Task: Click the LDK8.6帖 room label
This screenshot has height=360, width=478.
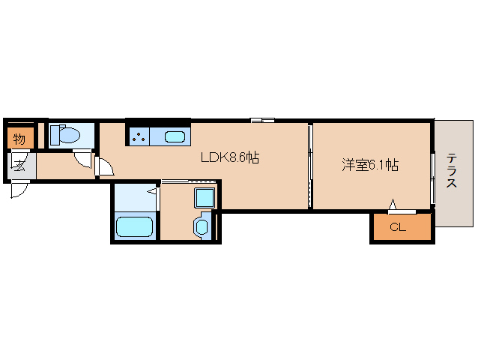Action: tap(230, 157)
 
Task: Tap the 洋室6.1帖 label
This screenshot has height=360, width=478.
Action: tap(370, 165)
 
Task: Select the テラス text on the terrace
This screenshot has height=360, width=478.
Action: tap(452, 171)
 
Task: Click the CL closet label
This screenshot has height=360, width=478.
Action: tap(398, 227)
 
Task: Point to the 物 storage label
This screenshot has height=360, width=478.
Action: tap(19, 139)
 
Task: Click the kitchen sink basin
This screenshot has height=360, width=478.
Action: tap(175, 137)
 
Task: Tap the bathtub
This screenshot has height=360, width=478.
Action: tap(134, 226)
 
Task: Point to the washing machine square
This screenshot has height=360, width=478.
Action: tap(205, 198)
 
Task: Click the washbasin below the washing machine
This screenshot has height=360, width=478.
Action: tap(202, 227)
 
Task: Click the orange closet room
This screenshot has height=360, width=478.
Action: tap(402, 226)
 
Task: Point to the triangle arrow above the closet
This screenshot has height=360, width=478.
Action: tap(393, 204)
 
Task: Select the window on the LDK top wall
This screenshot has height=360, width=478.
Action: tap(262, 120)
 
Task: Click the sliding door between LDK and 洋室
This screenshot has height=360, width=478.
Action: tap(310, 166)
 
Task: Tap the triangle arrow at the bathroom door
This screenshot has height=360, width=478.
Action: tap(151, 191)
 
